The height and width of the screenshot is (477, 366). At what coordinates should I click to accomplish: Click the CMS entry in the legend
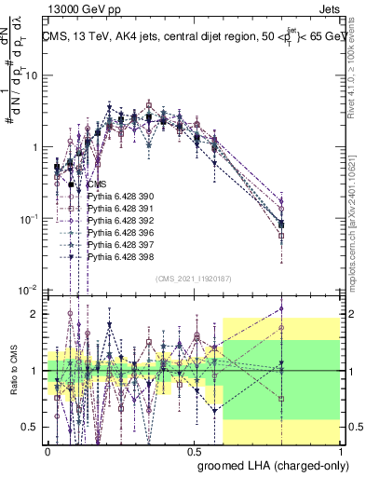[97, 184]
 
